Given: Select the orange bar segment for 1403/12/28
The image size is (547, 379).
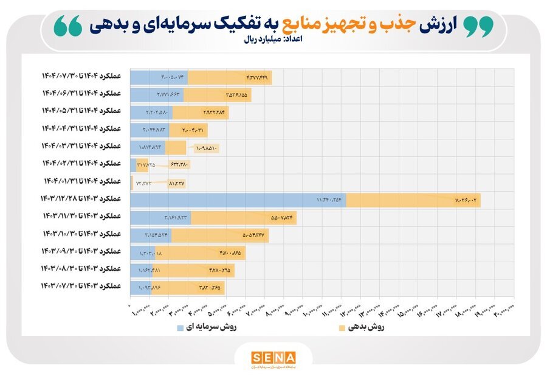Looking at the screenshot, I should click(x=413, y=200).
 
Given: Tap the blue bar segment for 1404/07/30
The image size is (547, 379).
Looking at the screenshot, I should click(x=159, y=78).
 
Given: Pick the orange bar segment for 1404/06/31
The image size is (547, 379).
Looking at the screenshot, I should click(x=217, y=95).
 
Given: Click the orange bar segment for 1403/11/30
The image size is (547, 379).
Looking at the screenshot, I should click(x=243, y=217).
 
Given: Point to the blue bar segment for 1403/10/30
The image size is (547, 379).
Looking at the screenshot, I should click(x=151, y=235).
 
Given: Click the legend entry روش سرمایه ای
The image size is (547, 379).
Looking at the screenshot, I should click(x=207, y=328).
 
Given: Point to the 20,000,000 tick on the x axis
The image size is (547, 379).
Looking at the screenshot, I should click(x=504, y=311).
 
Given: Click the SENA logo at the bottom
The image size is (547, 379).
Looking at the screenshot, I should click(x=273, y=358).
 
